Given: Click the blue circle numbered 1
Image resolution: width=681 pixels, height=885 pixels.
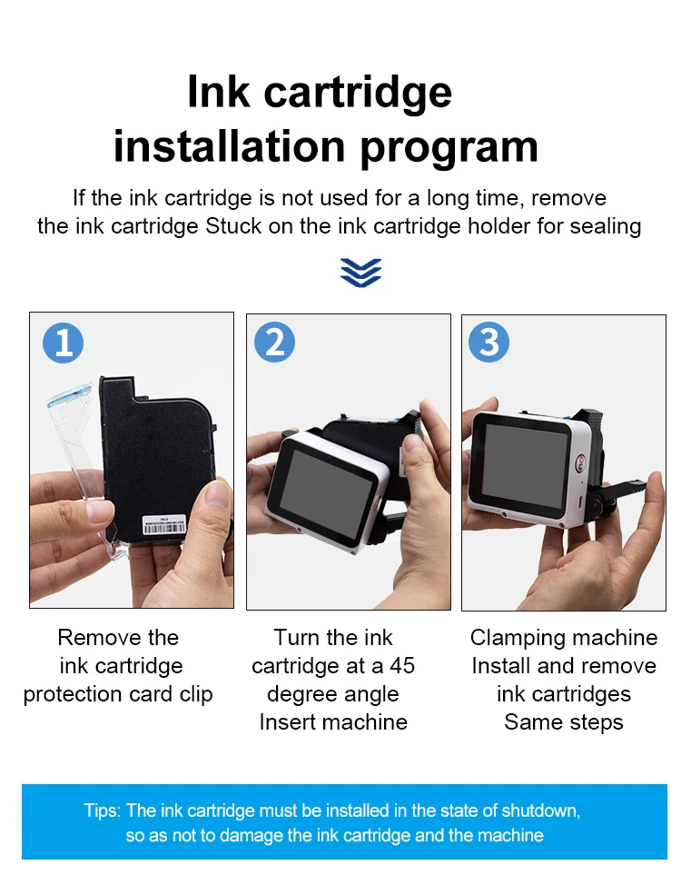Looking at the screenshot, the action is pos(64,343).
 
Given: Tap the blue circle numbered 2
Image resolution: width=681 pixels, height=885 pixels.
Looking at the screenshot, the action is pos(275,342).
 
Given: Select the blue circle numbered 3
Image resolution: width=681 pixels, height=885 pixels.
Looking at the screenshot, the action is pos(489,342).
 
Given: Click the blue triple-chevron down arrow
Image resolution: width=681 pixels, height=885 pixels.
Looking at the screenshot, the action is pos(361,273).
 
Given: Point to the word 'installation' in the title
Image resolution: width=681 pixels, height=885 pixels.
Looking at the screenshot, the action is pos(229,146).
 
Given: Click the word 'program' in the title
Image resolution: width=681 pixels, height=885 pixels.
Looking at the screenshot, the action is pos(449,149).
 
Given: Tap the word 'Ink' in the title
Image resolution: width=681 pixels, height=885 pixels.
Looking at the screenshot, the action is pos(218,92).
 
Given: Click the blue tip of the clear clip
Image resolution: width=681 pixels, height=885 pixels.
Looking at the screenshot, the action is pos(69,395).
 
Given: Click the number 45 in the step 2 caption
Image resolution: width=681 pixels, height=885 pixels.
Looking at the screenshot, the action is pos(402,666).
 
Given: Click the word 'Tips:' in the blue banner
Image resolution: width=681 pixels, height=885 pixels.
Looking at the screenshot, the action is pos(102,810).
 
